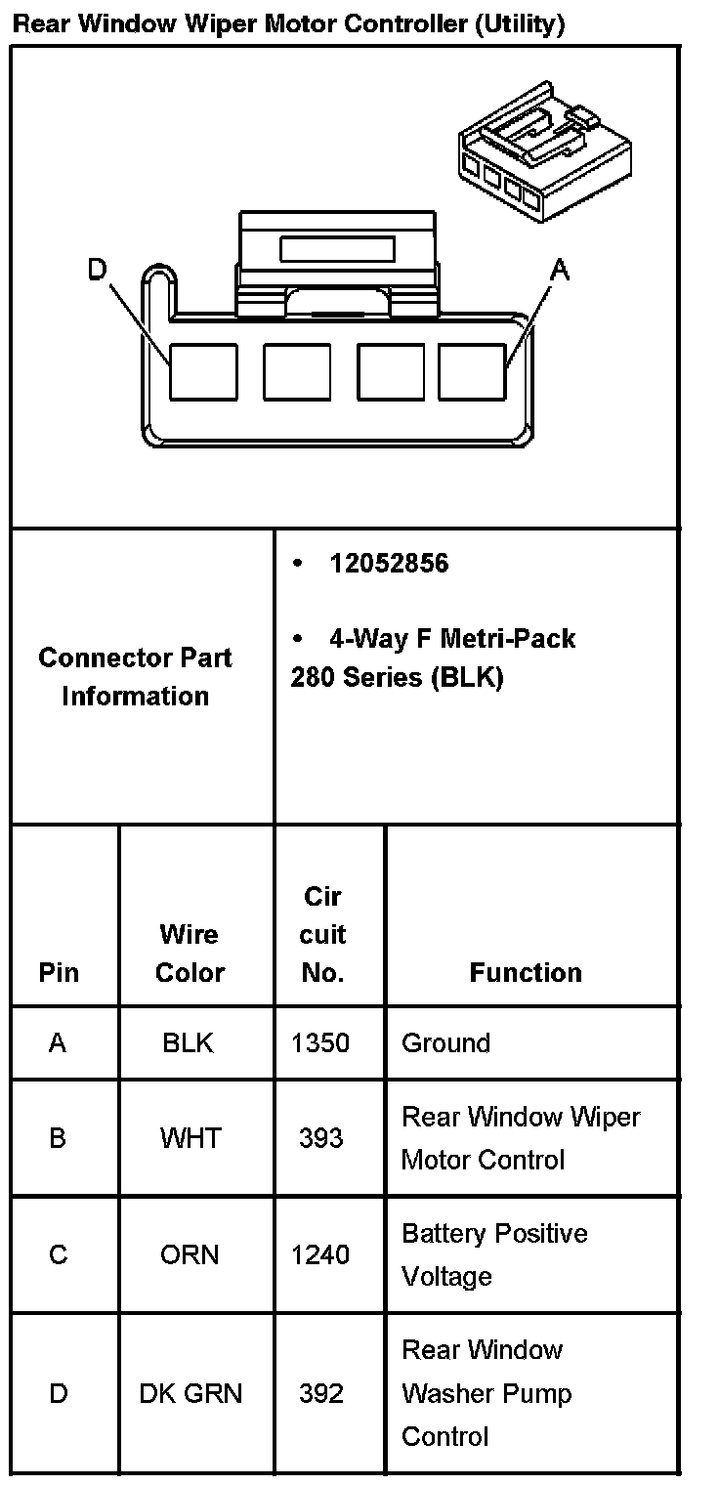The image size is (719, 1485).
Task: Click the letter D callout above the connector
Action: click(x=97, y=270)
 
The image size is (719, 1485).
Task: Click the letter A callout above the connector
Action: click(x=560, y=270)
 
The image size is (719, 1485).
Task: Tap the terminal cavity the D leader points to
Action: click(x=203, y=371)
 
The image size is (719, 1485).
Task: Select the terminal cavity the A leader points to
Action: click(x=473, y=371)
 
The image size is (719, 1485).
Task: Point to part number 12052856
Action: click(x=389, y=564)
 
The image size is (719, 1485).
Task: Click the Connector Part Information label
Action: click(x=135, y=677)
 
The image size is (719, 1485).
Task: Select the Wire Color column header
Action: click(x=190, y=954)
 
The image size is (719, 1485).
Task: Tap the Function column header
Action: click(x=526, y=973)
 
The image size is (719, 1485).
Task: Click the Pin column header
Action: click(x=59, y=973)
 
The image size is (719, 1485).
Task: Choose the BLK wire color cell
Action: click(x=189, y=1043)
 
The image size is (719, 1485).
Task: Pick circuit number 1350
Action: click(x=320, y=1043)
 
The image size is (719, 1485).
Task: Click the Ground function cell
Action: click(x=446, y=1043)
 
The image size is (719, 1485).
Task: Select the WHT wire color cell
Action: click(x=190, y=1138)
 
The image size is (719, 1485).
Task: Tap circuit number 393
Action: click(x=321, y=1138)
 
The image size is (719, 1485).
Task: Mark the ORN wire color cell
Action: click(x=190, y=1254)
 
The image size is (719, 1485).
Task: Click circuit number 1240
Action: click(x=320, y=1254)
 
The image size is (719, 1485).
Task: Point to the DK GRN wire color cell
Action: click(x=190, y=1394)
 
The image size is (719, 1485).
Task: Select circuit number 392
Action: click(x=321, y=1394)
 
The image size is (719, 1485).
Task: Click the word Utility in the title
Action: click(x=519, y=24)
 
